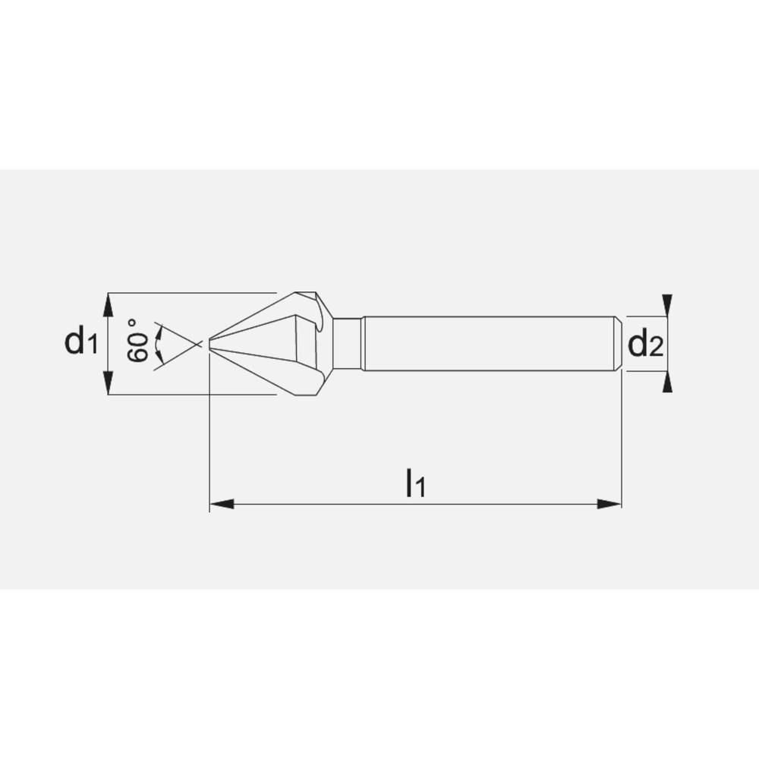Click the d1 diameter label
(80, 343)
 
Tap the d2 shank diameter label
(645, 345)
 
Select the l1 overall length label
(414, 483)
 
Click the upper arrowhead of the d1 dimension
(108, 305)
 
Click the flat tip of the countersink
(210, 345)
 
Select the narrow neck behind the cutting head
(348, 344)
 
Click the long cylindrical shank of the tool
(486, 344)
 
